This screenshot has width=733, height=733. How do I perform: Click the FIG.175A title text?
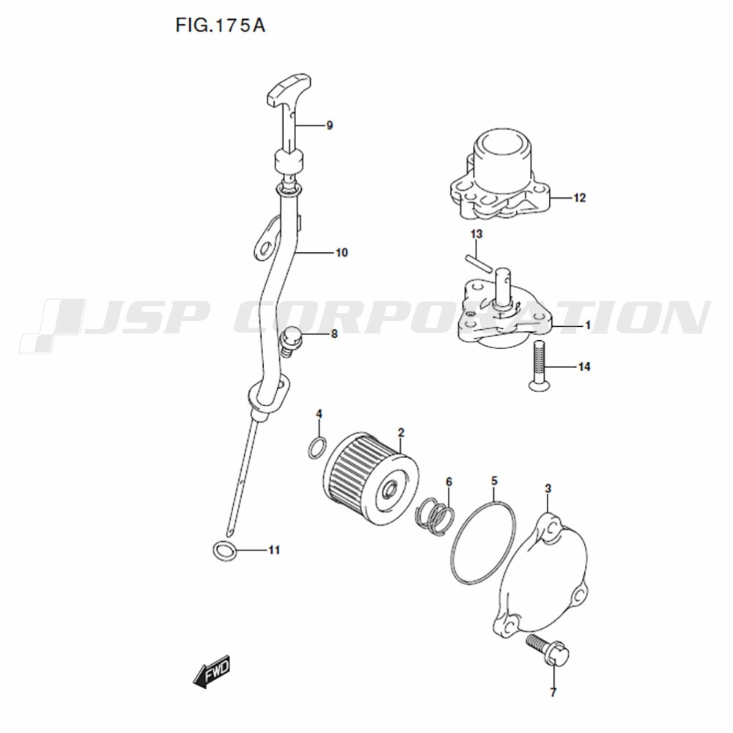220,25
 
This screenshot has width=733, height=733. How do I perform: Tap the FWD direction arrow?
212,671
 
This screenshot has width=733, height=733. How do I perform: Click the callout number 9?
330,125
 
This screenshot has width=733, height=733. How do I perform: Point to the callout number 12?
579,198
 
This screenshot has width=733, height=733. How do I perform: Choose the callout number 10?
342,252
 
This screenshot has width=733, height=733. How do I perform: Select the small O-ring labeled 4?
317,447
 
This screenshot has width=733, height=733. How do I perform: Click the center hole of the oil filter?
389,491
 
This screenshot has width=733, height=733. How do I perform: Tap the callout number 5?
494,481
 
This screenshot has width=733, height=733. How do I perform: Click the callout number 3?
548,488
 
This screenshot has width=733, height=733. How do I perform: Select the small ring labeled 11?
224,550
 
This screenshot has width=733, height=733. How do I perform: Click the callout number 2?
401,432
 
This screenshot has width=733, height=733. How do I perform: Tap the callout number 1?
588,325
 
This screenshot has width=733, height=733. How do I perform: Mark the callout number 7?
553,693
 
